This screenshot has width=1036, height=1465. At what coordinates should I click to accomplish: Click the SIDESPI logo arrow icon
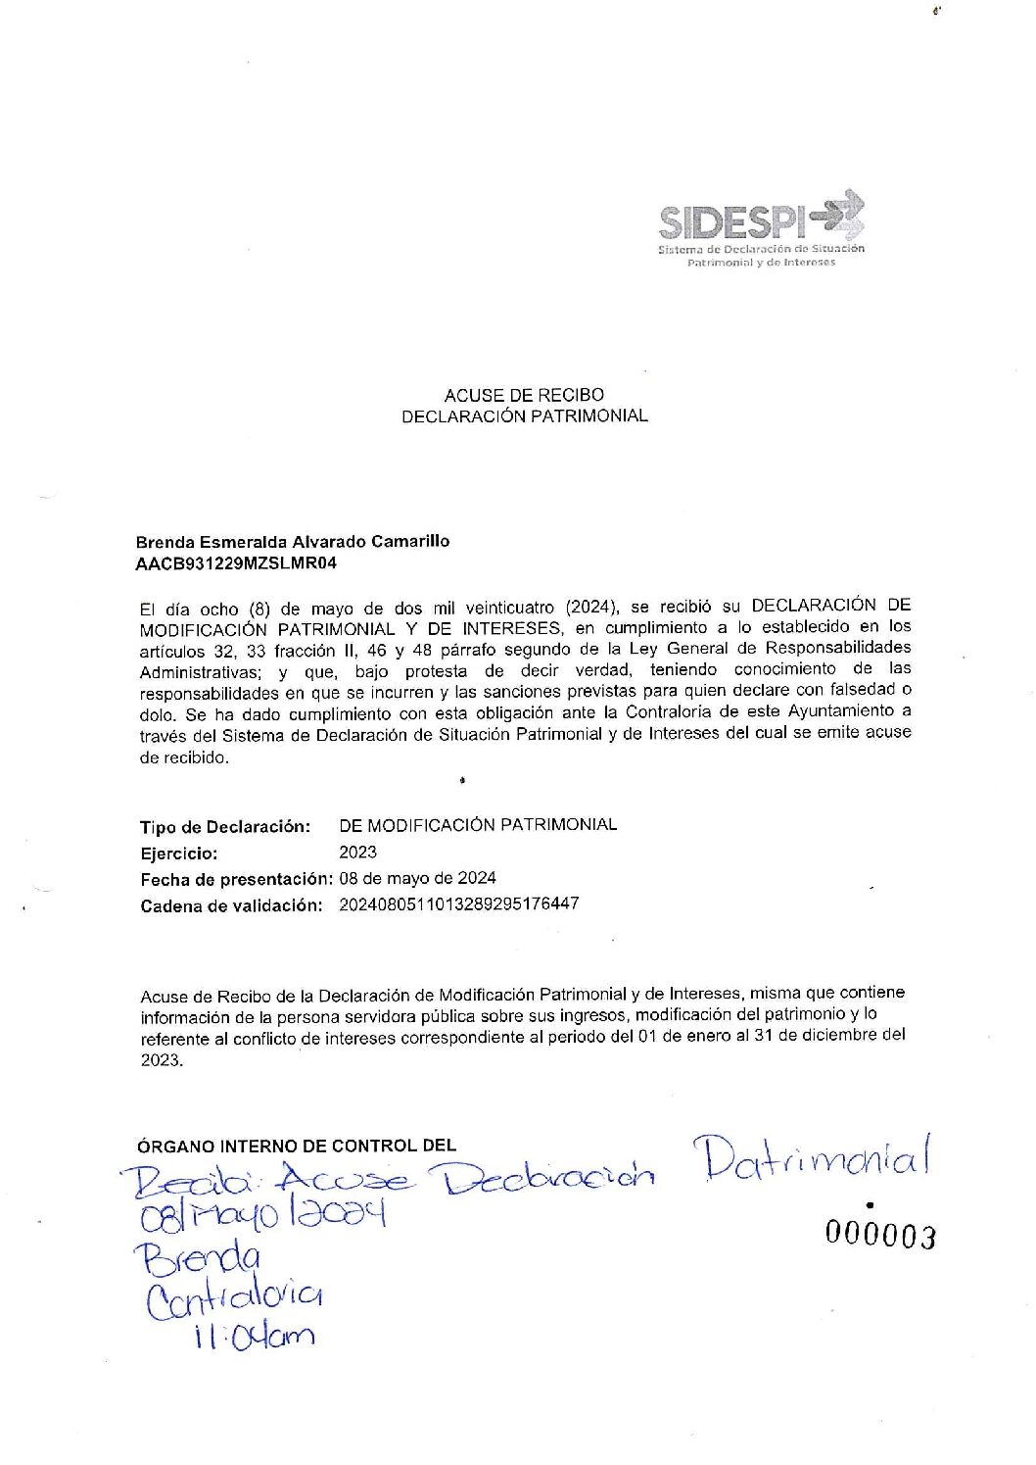[x=840, y=216]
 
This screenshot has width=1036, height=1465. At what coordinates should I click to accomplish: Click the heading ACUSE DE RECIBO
[x=524, y=395]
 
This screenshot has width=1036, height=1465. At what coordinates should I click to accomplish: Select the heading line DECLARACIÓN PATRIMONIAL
[x=524, y=415]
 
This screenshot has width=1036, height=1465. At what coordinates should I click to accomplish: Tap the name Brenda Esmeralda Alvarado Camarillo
[x=292, y=541]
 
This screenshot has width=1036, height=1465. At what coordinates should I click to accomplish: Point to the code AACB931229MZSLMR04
[x=236, y=563]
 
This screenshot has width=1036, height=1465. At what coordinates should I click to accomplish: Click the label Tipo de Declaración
[x=225, y=827]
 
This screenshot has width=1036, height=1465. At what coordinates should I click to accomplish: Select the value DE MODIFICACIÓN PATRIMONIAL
[x=478, y=825]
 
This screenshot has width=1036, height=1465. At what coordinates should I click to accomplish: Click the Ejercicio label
[x=179, y=854]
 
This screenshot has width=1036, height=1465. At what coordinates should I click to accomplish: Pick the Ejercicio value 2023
[x=357, y=853]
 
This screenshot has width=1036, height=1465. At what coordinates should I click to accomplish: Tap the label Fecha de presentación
[x=237, y=879]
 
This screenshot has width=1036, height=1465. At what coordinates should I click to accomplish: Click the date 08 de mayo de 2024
[x=417, y=878]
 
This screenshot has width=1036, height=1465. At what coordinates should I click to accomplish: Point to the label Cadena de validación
[x=231, y=905]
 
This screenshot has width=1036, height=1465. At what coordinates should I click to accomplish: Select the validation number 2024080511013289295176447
[x=458, y=903]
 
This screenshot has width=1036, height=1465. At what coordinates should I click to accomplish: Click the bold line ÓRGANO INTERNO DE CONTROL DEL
[x=297, y=1145]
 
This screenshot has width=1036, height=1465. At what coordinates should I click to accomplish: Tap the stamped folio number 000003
[x=879, y=1236]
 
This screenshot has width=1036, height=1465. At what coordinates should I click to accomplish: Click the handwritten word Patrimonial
[x=811, y=1159]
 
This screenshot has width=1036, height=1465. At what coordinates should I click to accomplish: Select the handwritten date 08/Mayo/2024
[x=262, y=1217]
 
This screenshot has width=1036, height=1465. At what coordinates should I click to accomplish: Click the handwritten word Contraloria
[x=234, y=1298]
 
